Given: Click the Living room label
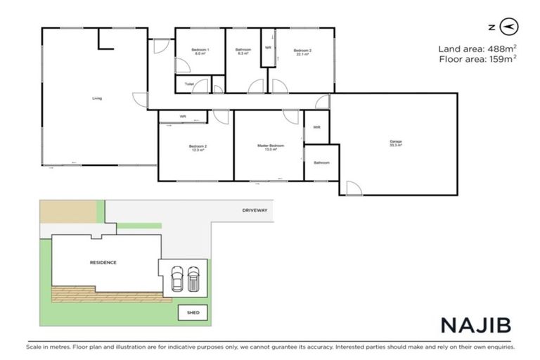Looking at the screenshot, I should point(96,98).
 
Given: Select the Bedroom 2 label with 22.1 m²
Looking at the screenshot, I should point(302,51).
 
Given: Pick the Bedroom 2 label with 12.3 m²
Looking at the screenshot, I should point(198,148).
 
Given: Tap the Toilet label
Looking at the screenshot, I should point(188,84).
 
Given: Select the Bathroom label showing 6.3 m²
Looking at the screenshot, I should point(244,51).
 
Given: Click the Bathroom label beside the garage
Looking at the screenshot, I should point(321,163).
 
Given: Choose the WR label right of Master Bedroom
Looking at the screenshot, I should point(317,127).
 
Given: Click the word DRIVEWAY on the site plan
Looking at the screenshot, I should point(255,210).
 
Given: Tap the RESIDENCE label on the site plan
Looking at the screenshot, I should point(103,262).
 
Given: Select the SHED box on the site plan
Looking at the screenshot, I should point(192,311).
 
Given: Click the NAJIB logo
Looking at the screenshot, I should point(475,325).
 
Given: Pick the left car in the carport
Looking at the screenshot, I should point(176,279).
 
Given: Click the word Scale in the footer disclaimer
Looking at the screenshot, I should point(34,347).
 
